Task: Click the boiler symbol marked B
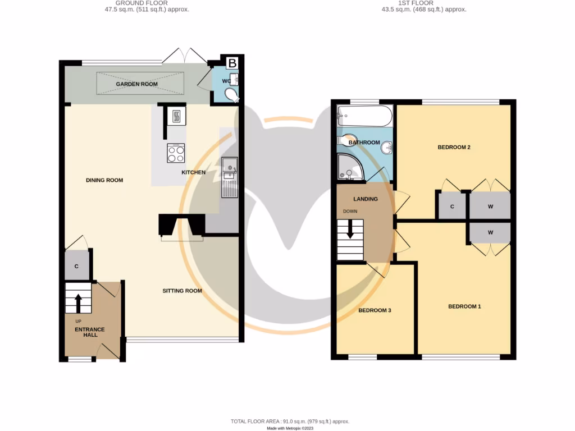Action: (232, 63)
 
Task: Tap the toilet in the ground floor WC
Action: (231, 97)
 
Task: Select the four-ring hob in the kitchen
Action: (176, 153)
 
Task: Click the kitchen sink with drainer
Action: (230, 177)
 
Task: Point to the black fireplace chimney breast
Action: (182, 225)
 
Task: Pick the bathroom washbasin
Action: (386, 148)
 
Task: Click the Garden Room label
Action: (137, 84)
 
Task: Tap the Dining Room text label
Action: (104, 180)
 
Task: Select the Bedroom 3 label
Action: (375, 310)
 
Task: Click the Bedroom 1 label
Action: (464, 306)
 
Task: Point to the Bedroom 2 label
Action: (454, 147)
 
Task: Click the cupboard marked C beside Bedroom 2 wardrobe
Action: (452, 206)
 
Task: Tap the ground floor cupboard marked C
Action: (76, 267)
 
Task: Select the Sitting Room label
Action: (182, 291)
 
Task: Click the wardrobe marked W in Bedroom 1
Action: (490, 232)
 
